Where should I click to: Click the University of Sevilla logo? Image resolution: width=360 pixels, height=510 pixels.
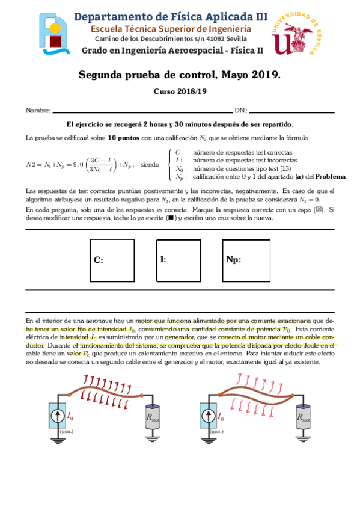pos(296,34)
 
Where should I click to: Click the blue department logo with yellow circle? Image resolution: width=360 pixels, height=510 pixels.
pos(53,34)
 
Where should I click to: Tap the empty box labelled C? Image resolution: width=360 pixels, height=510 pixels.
pos(112,260)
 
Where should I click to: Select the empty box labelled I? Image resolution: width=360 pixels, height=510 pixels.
pos(178,260)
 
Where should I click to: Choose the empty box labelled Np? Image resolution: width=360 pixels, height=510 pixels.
pos(246,260)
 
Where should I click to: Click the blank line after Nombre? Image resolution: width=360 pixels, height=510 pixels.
pos(142,112)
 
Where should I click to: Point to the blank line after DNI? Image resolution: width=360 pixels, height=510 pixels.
pos(291,112)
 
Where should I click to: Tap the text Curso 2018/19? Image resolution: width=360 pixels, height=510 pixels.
pos(180,91)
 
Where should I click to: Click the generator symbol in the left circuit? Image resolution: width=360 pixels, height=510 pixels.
pos(58,416)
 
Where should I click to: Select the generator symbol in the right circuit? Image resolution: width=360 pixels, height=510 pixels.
pos(209,416)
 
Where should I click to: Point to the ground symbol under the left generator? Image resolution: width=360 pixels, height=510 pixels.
pos(58,441)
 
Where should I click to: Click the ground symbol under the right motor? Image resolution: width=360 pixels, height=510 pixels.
pos(303,438)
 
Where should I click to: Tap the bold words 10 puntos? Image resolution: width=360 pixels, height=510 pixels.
pos(123,138)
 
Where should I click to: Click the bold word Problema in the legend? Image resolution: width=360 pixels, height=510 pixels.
pos(330,177)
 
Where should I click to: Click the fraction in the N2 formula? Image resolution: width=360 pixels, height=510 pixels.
pos(101,165)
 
